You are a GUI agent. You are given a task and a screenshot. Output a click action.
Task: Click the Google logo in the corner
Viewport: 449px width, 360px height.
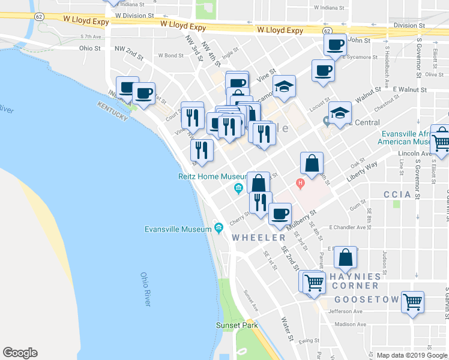(20, 353)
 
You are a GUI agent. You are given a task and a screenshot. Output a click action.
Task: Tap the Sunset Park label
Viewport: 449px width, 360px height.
(237, 325)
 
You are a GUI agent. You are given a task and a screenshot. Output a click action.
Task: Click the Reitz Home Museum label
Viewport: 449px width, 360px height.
(212, 176)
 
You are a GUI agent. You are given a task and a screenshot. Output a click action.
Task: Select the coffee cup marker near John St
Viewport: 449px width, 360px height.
(335, 43)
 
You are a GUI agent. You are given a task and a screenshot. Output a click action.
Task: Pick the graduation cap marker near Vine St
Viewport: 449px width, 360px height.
(284, 86)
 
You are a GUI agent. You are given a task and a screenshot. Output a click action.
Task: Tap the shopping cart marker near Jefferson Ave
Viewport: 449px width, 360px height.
(412, 302)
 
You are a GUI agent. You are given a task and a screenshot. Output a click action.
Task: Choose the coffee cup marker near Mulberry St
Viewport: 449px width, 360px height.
(279, 214)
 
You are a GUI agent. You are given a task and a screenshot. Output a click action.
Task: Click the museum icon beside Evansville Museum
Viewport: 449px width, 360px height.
(218, 228)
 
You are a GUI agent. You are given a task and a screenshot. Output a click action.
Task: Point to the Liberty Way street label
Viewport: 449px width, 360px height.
(362, 172)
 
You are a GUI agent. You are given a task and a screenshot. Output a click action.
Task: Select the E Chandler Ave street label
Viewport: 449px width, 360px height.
(348, 228)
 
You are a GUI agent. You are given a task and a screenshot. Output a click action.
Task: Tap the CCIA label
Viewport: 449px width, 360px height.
(397, 194)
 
